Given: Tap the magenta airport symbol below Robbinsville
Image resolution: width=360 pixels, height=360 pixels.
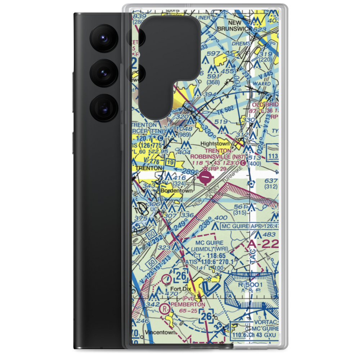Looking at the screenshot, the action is click(x=206, y=176).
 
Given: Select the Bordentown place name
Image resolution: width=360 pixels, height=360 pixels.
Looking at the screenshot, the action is click(x=176, y=191).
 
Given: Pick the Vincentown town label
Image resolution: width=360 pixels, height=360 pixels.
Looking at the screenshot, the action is click(x=160, y=332).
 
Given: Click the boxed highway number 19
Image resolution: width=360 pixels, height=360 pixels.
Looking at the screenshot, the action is click(x=171, y=163).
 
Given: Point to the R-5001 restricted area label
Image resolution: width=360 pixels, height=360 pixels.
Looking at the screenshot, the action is click(x=256, y=284).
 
